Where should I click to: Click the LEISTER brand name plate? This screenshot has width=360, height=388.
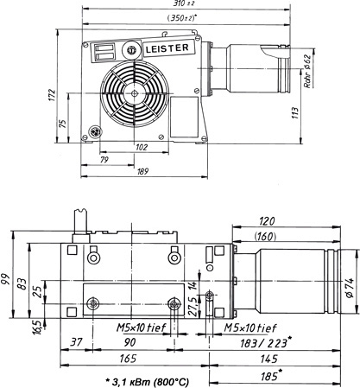click(x=167, y=48)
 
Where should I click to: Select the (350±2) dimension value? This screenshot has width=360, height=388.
click(x=181, y=18)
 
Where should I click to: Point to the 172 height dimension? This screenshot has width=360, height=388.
click(x=51, y=96)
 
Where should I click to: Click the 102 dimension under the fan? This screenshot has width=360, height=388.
click(x=142, y=147)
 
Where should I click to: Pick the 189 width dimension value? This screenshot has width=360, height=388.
click(x=142, y=172)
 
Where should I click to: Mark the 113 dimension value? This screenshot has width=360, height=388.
click(x=295, y=113)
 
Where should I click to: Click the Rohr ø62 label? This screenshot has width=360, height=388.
click(x=307, y=71)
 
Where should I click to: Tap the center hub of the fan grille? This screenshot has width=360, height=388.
click(x=135, y=93)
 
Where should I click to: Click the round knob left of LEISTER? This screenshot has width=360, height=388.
click(x=132, y=50)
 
